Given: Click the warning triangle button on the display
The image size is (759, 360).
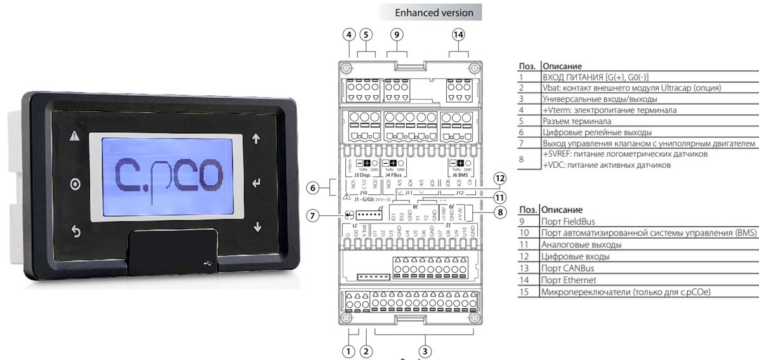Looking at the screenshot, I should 75,137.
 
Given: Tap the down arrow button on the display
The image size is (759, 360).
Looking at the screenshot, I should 257,227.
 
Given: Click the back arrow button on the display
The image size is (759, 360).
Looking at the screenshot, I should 76,232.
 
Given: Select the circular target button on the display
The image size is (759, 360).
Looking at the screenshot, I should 76,185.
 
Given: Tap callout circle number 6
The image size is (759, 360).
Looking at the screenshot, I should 312,188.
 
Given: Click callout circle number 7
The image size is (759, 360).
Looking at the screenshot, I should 312,215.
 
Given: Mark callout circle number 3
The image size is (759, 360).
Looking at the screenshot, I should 425,350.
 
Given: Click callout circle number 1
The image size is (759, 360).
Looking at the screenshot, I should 347,350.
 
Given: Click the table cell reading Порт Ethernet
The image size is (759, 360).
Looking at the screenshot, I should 567,280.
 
